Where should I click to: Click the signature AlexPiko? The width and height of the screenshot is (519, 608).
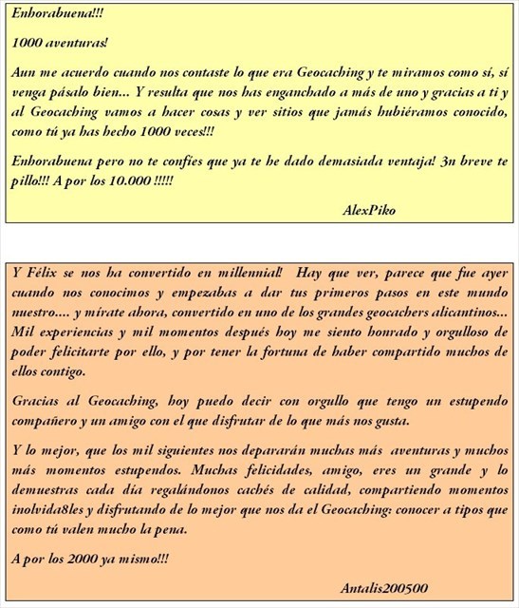[x=369, y=209]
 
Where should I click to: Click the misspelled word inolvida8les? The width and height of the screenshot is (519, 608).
[x=51, y=510]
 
